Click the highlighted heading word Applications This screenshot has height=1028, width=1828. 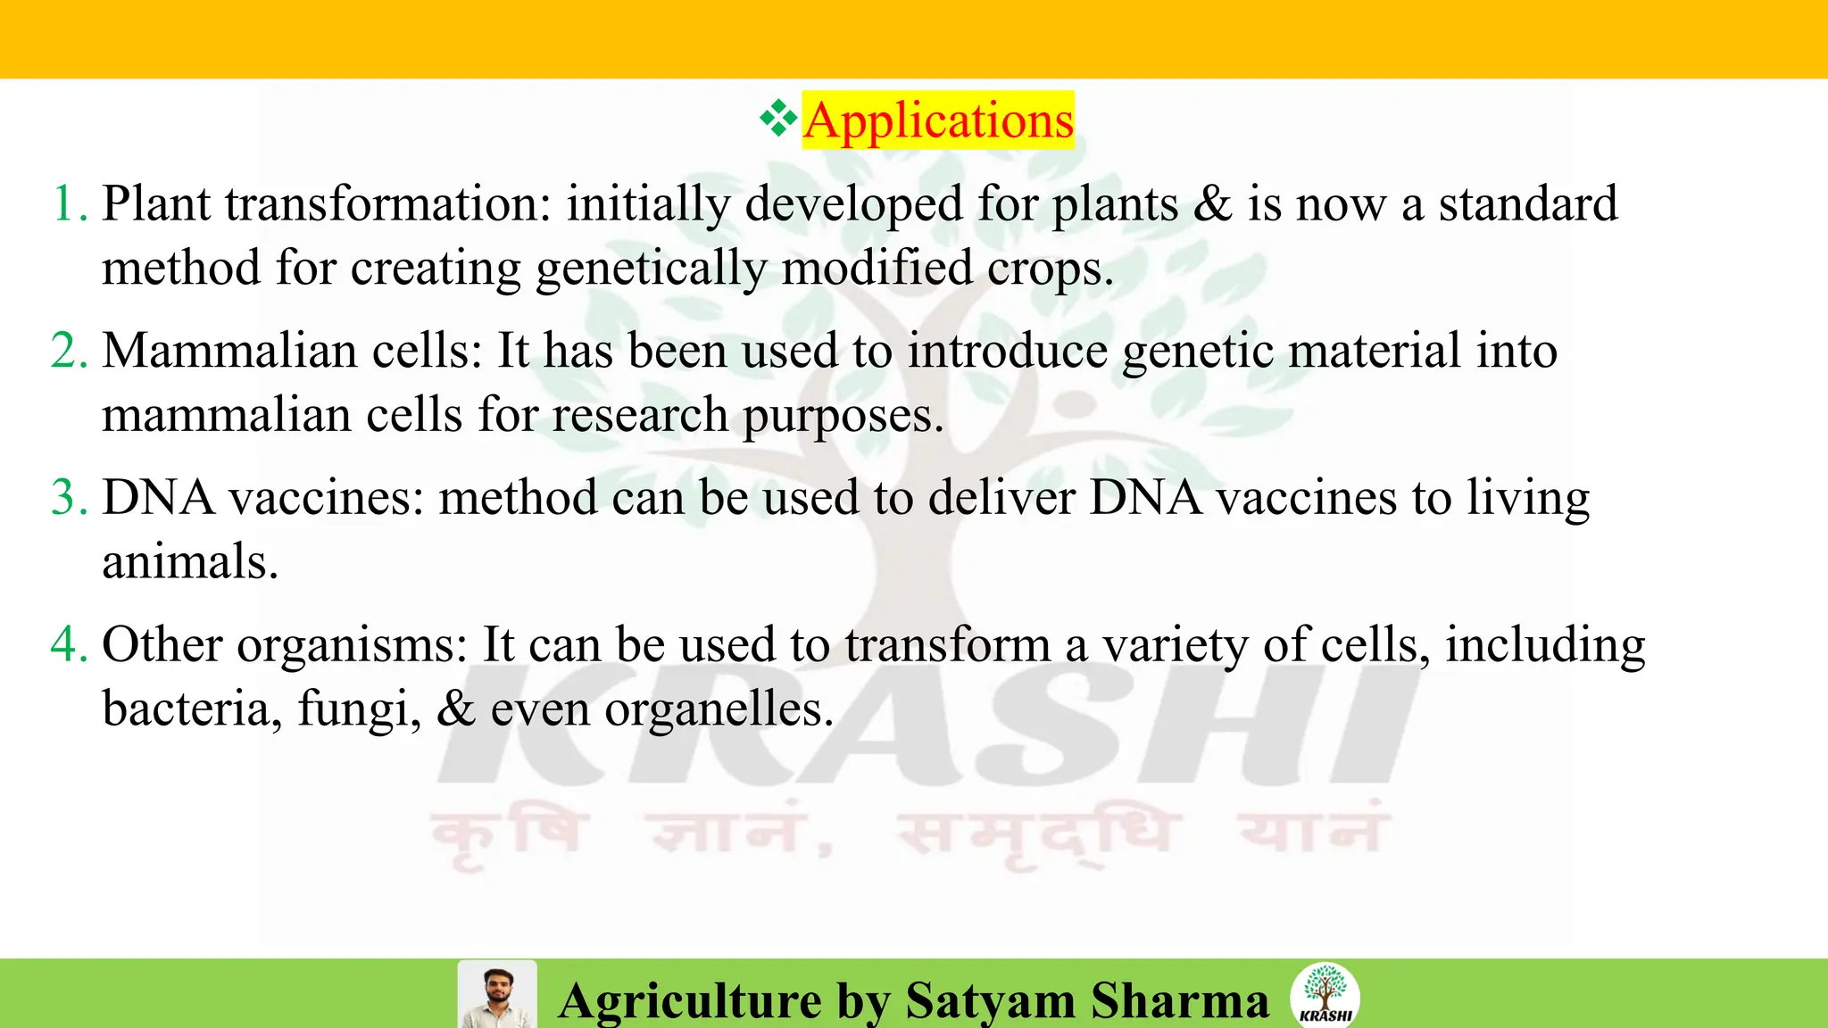[938, 120]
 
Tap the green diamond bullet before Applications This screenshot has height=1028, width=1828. [778, 119]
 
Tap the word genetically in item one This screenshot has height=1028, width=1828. [651, 269]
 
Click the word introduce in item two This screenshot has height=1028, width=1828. [1008, 351]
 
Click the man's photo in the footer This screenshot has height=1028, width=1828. [497, 995]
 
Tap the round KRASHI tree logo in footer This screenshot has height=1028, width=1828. [1325, 995]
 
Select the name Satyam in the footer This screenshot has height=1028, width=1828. [990, 1000]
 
